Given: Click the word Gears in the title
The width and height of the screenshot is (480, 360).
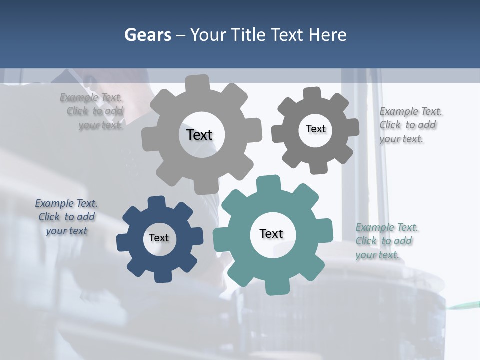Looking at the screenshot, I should (148, 35).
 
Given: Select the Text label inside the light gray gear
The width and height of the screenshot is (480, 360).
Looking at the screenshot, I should (199, 135).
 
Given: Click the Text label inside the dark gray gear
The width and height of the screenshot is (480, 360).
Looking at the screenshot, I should (315, 129).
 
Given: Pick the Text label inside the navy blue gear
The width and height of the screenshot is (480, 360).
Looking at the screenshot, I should (159, 238).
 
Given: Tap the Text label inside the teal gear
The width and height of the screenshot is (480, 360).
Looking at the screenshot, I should (271, 233).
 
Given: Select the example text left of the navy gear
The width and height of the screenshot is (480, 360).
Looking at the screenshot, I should (66, 217).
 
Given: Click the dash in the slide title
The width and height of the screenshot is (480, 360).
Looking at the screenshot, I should (182, 35).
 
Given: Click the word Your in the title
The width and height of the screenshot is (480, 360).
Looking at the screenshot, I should (208, 35).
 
